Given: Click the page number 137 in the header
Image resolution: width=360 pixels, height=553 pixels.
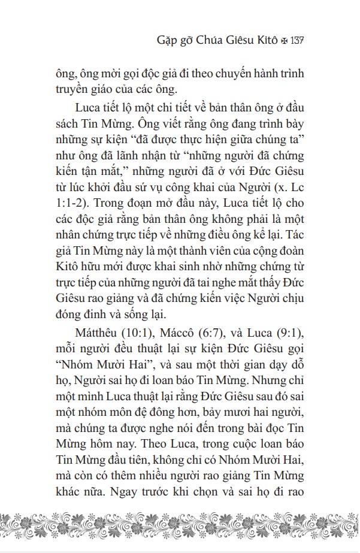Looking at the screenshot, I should pyautogui.click(x=298, y=43).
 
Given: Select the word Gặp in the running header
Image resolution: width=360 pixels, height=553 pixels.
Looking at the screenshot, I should pyautogui.click(x=164, y=43).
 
